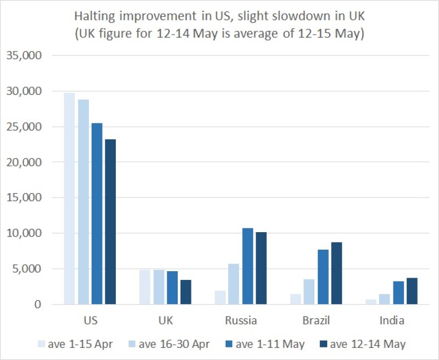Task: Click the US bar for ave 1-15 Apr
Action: pos(70,198)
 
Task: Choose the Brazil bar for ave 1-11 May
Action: pos(323,277)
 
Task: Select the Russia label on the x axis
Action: pos(241,320)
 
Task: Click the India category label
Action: pos(392,320)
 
